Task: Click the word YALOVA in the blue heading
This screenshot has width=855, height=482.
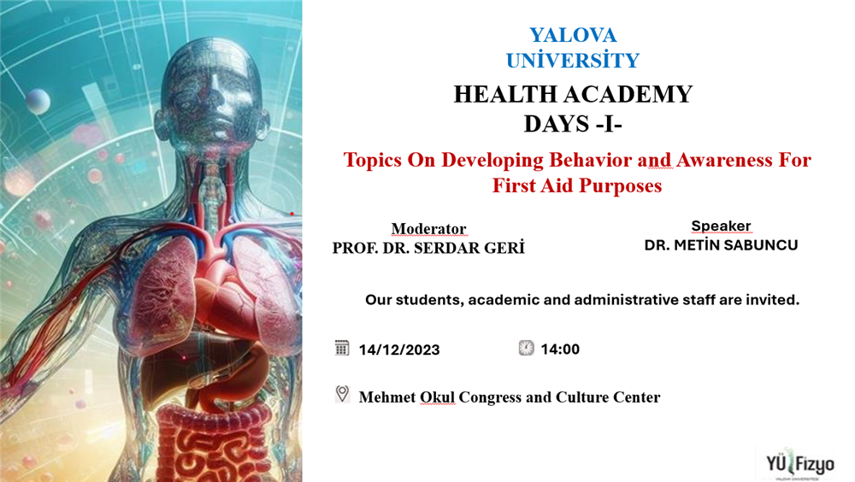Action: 573,35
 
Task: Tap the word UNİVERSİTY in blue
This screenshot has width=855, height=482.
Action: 573,60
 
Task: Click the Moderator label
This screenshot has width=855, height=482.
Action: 428,228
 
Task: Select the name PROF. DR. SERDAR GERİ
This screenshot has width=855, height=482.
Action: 428,248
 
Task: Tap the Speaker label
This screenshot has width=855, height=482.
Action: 721,226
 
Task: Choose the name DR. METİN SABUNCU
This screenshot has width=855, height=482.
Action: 721,245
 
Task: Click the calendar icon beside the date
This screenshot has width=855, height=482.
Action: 342,348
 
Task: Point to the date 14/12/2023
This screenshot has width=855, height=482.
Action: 399,350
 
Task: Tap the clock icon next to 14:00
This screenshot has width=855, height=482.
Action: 526,348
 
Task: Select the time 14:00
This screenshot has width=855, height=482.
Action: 560,349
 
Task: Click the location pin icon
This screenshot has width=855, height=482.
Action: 342,394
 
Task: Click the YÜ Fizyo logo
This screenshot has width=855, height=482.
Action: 800,465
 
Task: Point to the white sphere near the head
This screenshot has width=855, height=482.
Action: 38,101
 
